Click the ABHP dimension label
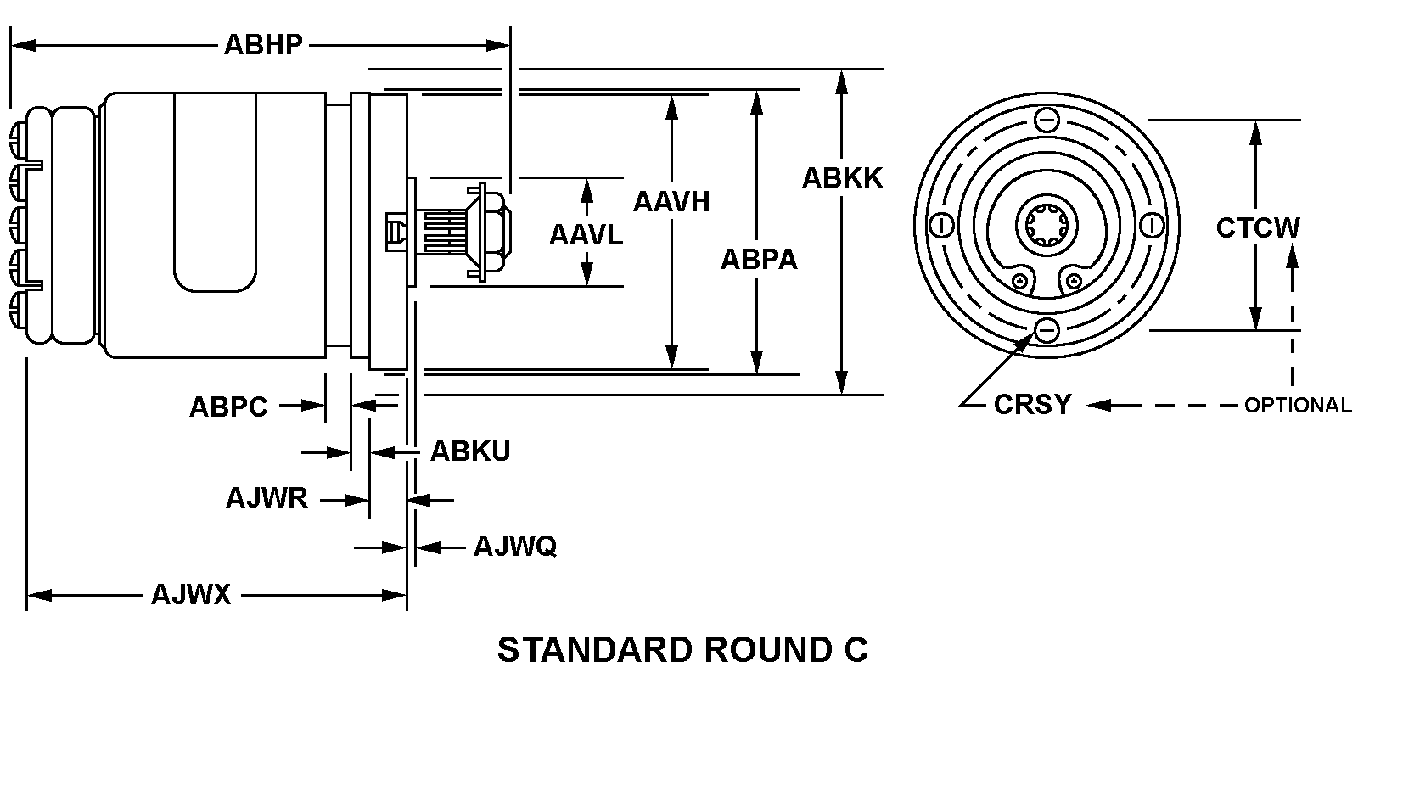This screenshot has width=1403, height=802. tap(263, 44)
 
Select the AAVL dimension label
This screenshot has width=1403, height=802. tap(586, 234)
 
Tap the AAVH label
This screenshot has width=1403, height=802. tap(671, 202)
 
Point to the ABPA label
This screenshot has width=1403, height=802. tap(759, 259)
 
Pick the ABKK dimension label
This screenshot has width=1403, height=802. tap(842, 178)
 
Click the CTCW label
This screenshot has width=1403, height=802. tap(1258, 227)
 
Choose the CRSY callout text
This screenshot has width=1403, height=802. tap(1032, 405)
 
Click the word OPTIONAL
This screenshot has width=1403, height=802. tap(1298, 406)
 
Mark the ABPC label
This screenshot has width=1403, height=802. tap(228, 407)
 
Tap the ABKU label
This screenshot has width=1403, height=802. tap(470, 451)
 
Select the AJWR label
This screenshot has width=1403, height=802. tap(267, 497)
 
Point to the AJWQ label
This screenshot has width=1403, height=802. tap(515, 546)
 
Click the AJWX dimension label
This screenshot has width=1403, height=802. tap(191, 594)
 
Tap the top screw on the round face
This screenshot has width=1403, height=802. tap(1047, 121)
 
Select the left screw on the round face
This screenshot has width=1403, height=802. tap(940, 226)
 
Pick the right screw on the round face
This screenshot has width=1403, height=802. tap(1152, 226)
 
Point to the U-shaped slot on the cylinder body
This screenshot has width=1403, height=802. tap(215, 195)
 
